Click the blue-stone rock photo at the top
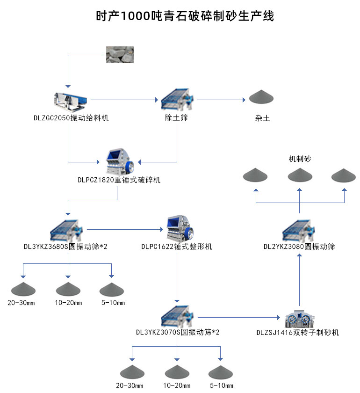tap(120, 54)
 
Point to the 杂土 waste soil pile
tap(261, 97)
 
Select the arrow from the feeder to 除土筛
tap(124, 100)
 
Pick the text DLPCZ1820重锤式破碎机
tap(119, 180)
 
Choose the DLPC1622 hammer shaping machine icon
tap(177, 228)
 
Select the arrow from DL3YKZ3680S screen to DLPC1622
tap(124, 229)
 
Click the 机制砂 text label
tap(300, 159)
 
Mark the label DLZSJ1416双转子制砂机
tap(298, 333)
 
